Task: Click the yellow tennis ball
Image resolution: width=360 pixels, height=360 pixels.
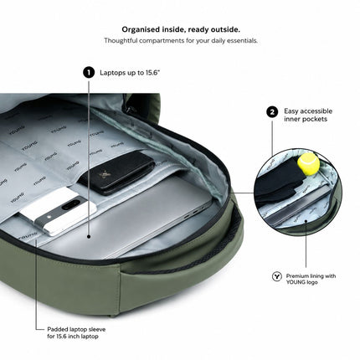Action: coord(308,164)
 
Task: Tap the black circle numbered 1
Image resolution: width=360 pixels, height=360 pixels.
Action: coord(89,73)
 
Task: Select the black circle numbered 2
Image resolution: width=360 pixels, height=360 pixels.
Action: coord(272,112)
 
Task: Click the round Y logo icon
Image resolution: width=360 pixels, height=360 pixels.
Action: coord(276,276)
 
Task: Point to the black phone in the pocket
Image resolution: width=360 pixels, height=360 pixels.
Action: coord(117,172)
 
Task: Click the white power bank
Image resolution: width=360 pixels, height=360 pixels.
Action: coord(57,211)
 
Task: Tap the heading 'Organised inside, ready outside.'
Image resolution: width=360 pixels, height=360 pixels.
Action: coord(181,29)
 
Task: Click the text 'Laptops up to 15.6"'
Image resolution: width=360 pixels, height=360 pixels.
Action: coord(130,73)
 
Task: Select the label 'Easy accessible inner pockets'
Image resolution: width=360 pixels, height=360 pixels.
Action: coord(308,115)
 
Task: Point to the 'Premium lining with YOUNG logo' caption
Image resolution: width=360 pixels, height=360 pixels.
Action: coord(311,279)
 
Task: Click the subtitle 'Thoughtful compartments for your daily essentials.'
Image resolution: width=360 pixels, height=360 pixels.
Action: coord(181,40)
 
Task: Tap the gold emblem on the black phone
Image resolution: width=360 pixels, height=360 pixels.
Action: coord(108,175)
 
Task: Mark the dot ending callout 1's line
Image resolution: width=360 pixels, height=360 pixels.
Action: coord(89,236)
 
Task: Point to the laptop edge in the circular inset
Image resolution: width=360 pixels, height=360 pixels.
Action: coord(299,206)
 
